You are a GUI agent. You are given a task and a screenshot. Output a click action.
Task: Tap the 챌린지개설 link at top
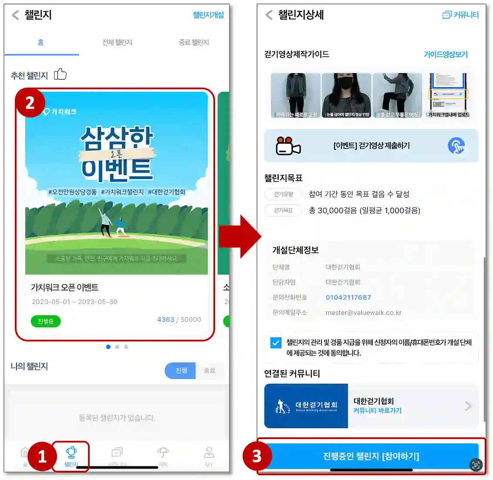208,15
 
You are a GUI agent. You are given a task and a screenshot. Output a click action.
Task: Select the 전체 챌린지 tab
117,42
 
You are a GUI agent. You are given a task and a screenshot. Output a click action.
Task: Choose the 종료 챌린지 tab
193,42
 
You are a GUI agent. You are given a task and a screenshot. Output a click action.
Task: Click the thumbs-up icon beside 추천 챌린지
60,74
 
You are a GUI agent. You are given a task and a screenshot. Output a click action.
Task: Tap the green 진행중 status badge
46,321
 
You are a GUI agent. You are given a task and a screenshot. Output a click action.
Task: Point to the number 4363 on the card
165,320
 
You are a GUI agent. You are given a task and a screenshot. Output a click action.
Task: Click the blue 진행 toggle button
181,371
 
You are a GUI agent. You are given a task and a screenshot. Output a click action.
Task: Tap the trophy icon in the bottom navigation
71,453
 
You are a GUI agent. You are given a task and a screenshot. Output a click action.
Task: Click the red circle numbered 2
30,103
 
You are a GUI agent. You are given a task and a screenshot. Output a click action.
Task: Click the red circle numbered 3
257,456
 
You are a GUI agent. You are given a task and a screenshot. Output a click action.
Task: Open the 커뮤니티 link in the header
460,15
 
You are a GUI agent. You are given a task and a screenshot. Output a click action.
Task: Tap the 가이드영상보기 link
446,54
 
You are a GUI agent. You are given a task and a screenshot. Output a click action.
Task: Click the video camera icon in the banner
288,146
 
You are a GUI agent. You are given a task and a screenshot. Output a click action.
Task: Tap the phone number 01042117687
348,297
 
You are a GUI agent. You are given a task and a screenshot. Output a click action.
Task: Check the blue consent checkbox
276,343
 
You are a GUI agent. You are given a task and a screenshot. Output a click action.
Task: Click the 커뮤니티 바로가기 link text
378,411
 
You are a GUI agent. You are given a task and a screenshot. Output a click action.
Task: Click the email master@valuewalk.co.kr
363,313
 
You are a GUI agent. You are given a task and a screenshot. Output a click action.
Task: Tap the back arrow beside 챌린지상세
269,15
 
